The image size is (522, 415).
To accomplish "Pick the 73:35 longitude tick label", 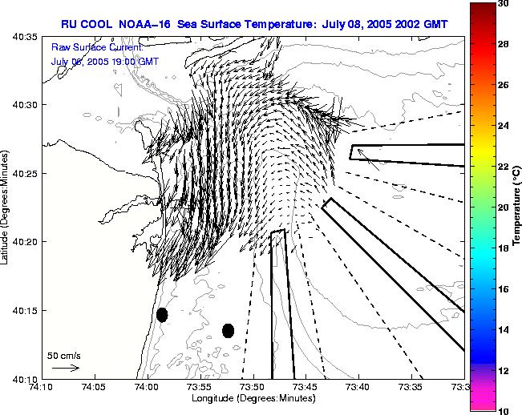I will coord(412,388).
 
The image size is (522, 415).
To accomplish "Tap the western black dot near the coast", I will coord(162,315).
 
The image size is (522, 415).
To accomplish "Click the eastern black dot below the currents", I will coord(228,331).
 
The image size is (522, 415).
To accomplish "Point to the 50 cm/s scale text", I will coord(64,355).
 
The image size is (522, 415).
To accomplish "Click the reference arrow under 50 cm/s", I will coord(65,368).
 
